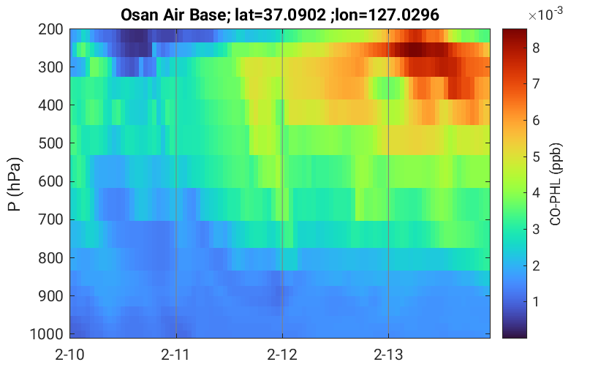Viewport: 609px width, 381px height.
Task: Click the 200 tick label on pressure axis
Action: pos(50,29)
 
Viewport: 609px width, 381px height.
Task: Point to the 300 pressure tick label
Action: pos(50,67)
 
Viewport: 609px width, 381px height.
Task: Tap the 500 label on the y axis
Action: pos(50,143)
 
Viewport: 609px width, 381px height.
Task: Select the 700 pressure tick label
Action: pos(50,219)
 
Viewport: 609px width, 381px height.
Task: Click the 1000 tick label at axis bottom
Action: pos(47,334)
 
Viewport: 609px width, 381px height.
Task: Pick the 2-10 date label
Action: pos(69,355)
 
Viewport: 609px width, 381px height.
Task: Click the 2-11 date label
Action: pos(175,355)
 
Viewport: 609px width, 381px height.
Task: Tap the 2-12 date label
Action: pos(282,355)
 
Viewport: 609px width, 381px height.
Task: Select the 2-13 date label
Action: pos(388,355)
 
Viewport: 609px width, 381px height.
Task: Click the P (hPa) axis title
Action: pos(15,184)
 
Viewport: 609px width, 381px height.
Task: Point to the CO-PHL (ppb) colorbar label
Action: pos(556,184)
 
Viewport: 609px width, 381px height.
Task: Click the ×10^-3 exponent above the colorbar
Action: pos(545,14)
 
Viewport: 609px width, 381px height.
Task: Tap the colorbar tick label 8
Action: pos(536,48)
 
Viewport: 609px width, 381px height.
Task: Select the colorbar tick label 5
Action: pos(536,157)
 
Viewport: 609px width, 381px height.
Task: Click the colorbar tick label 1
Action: pos(536,302)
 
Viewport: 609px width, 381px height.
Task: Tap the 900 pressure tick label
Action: pos(50,296)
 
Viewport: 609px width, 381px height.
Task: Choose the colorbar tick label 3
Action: pos(536,229)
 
